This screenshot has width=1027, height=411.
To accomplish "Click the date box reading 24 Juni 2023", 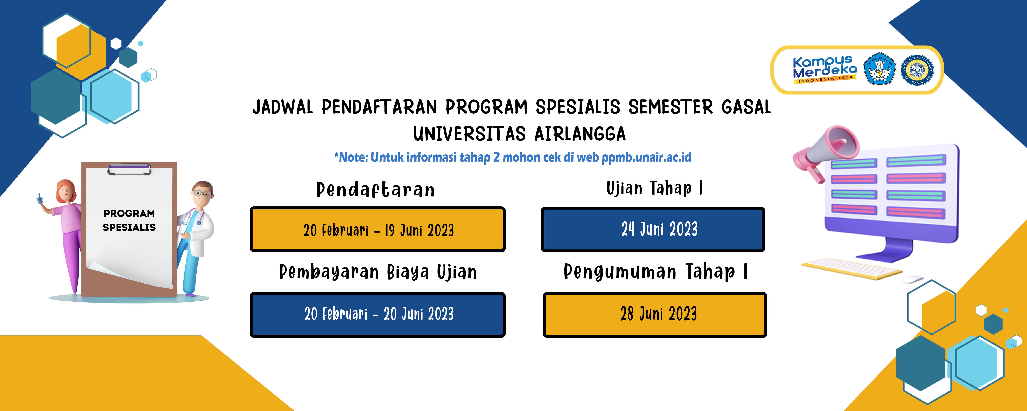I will coord(653,229).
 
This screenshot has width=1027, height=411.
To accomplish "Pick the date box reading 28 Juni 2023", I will coord(655,315).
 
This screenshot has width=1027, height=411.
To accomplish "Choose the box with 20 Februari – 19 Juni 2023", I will coord(377,229).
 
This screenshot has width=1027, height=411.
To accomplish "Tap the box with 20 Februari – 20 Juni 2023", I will coord(377,315).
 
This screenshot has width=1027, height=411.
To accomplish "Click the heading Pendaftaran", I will coord(375,190).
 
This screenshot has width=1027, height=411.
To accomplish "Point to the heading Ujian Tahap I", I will coord(654,188).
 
